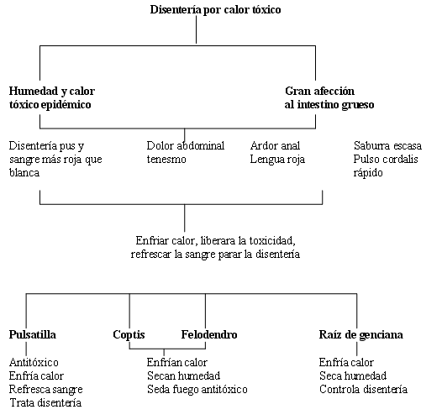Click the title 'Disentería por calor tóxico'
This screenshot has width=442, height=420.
pyautogui.click(x=215, y=9)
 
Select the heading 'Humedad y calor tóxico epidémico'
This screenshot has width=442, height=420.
pyautogui.click(x=52, y=97)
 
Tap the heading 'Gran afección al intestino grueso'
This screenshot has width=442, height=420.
pyautogui.click(x=329, y=97)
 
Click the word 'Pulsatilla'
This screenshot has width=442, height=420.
pyautogui.click(x=33, y=334)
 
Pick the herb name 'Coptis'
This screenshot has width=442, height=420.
pyautogui.click(x=129, y=335)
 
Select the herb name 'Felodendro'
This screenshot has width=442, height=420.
pyautogui.click(x=209, y=334)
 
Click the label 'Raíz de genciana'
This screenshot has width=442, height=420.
pyautogui.click(x=360, y=335)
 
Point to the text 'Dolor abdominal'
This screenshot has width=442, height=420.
pyautogui.click(x=186, y=145)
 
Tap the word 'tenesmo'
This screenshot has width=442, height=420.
pyautogui.click(x=166, y=160)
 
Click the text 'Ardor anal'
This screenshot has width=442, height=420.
pyautogui.click(x=275, y=145)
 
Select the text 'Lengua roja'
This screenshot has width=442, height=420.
pyautogui.click(x=277, y=160)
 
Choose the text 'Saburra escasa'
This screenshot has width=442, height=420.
pyautogui.click(x=387, y=145)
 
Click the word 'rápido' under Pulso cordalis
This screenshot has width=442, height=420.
pyautogui.click(x=368, y=173)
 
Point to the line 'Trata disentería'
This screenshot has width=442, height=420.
pyautogui.click(x=45, y=403)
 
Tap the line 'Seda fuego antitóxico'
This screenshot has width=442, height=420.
pyautogui.click(x=197, y=389)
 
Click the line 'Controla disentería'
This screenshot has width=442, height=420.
pyautogui.click(x=363, y=389)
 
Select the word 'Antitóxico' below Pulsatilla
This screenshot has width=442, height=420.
pyautogui.click(x=34, y=362)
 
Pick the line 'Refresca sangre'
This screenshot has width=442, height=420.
pyautogui.click(x=46, y=390)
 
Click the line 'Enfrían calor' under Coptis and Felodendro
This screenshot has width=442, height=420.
pyautogui.click(x=177, y=362)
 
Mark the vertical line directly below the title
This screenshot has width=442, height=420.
pyautogui.click(x=196, y=29)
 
